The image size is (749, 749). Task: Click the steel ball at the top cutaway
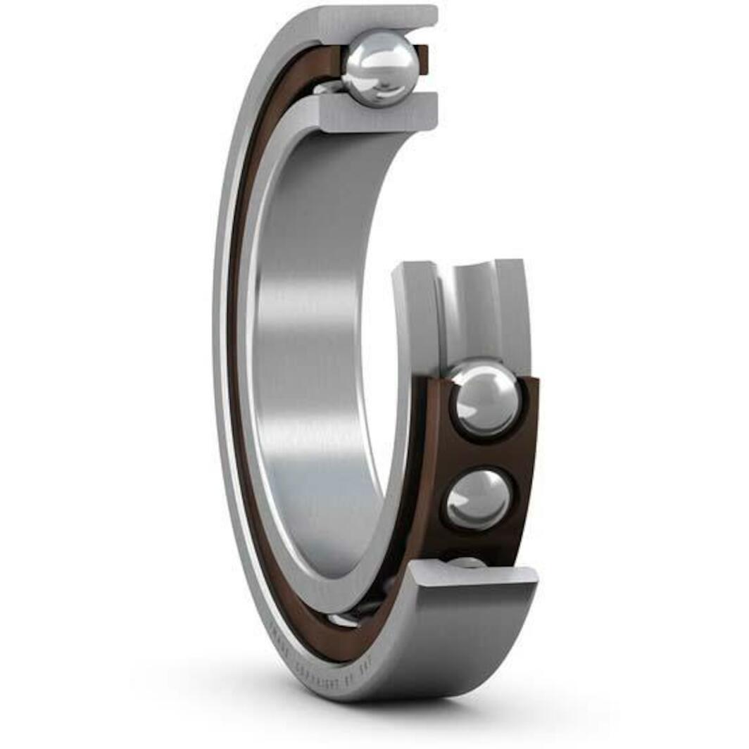(381, 68)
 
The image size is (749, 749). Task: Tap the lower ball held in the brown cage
(479, 499)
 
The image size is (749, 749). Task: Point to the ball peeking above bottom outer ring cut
(466, 562)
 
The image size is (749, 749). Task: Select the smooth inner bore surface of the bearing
(310, 352)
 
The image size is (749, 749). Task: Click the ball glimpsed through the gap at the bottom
(345, 619)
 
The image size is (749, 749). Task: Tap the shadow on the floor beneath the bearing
(422, 711)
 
